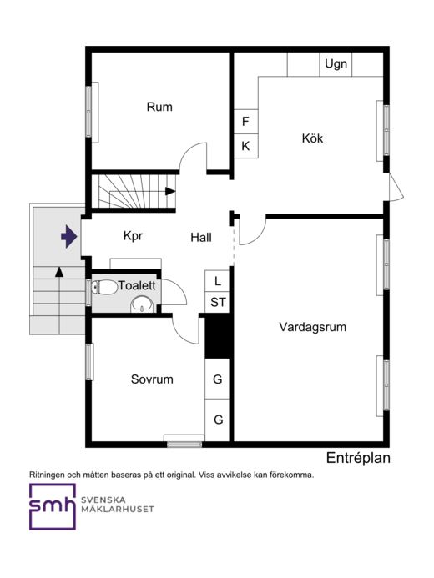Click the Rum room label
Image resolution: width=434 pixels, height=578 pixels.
coord(159,107)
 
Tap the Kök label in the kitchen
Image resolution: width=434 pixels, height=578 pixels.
coord(312,138)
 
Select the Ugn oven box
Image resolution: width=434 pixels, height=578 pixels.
coord(336,64)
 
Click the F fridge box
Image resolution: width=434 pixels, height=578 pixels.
coord(246,122)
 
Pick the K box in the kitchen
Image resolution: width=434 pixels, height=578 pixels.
coord(246,146)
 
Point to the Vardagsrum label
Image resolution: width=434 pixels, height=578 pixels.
coord(313,327)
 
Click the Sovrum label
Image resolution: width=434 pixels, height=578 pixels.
coord(152,379)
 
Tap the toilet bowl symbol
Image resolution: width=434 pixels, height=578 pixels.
coord(104,287)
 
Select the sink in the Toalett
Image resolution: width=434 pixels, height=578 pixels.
coord(142,305)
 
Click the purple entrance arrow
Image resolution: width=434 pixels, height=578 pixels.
coord(69,236)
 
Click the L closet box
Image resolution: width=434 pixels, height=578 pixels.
coord(217,281)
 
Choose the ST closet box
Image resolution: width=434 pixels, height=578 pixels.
coord(217,303)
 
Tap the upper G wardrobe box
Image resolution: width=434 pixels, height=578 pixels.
coord(217,379)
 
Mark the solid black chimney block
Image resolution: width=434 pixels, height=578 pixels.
coord(218,336)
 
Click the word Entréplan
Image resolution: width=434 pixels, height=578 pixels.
coord(358,458)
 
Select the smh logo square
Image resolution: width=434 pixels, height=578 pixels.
coord(53,507)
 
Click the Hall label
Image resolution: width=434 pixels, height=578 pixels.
coord(201,238)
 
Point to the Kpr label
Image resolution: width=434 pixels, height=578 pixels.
coord(133,236)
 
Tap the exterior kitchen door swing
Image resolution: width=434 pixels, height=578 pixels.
coord(397,188)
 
